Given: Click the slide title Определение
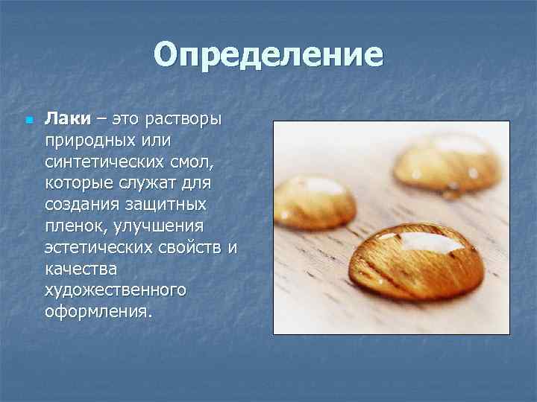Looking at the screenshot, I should point(268,55).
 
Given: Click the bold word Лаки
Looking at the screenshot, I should point(67,119).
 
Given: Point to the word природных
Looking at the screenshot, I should point(87,141).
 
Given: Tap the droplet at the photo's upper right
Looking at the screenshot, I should point(447,162).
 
